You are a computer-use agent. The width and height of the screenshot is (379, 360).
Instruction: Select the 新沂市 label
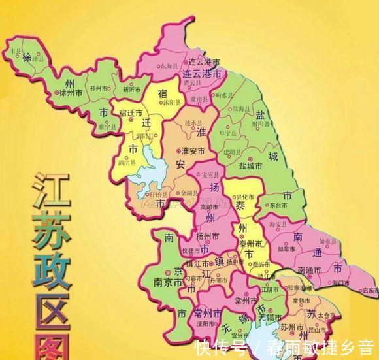coord(132,87)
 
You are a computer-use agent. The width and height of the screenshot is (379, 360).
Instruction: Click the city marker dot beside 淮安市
coord(178,151)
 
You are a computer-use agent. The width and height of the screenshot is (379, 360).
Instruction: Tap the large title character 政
coord(50,270)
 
